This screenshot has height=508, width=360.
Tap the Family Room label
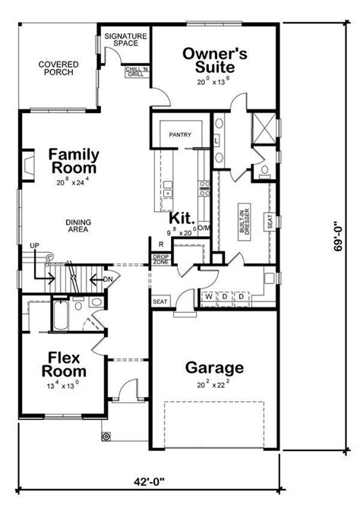[73, 161]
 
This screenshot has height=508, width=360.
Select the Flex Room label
[62, 364]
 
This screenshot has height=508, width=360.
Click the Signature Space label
[125, 39]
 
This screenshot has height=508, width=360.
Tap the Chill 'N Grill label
[136, 72]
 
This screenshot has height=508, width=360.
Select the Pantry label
[180, 136]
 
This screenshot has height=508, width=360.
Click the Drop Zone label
[160, 260]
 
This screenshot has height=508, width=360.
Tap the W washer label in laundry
[207, 295]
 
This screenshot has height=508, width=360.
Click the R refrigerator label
[161, 244]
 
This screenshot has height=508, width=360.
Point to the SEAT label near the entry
[160, 301]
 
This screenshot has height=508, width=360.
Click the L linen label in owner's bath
[216, 141]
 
